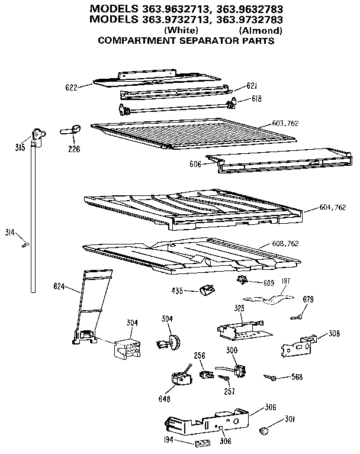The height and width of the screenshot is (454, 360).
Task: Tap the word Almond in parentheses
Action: point(261,31)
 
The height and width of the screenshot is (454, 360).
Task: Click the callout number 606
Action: point(196,163)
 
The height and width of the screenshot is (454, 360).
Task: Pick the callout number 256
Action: point(200,355)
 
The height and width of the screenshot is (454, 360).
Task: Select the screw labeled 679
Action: point(295,317)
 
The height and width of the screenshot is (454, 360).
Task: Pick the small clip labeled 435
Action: point(207,289)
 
